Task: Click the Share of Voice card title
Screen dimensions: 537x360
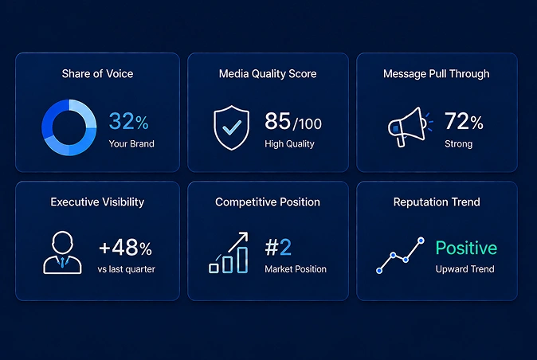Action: pyautogui.click(x=97, y=73)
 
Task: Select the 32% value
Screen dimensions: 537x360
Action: pyautogui.click(x=128, y=121)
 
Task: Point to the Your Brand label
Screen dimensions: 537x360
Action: pyautogui.click(x=131, y=143)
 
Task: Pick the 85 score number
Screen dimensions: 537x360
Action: pyautogui.click(x=277, y=121)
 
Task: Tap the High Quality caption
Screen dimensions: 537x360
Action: pyautogui.click(x=289, y=143)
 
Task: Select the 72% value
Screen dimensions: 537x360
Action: pyautogui.click(x=464, y=121)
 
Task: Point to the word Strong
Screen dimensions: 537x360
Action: pyautogui.click(x=459, y=143)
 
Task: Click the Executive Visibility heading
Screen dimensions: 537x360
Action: pyautogui.click(x=97, y=202)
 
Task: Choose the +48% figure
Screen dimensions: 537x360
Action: pyautogui.click(x=125, y=247)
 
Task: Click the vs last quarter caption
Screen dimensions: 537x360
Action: pyautogui.click(x=127, y=269)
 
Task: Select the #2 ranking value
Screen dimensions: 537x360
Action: pyautogui.click(x=278, y=247)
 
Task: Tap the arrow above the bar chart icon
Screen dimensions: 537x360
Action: pyautogui.click(x=238, y=242)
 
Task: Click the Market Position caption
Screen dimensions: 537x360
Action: pyautogui.click(x=296, y=269)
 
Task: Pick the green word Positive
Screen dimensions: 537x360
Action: pyautogui.click(x=466, y=248)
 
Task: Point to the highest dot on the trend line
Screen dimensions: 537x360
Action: pyautogui.click(x=421, y=241)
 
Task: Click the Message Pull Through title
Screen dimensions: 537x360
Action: pyautogui.click(x=437, y=73)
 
